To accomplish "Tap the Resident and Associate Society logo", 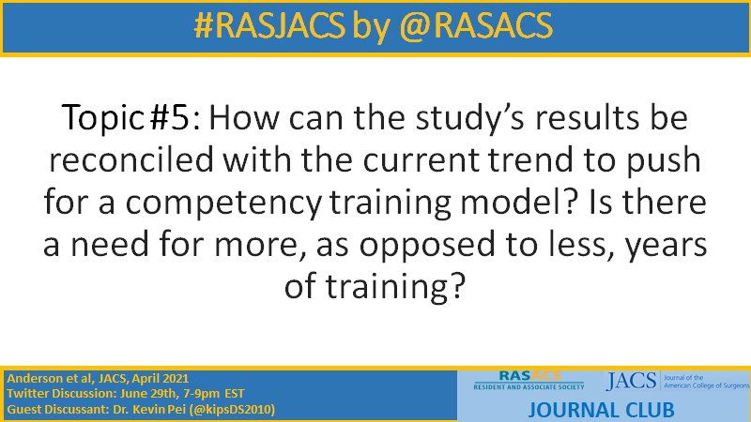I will coord(529,380).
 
